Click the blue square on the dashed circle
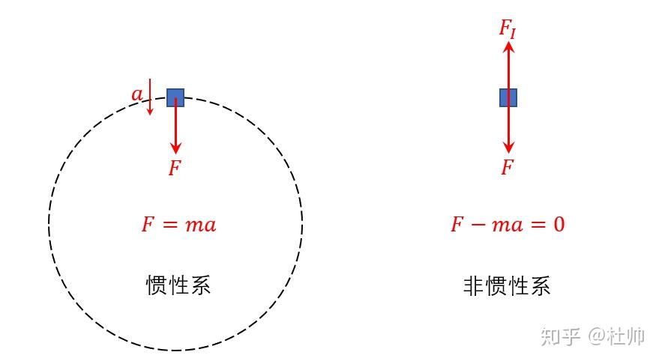(x=175, y=97)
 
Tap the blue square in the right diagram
(x=508, y=97)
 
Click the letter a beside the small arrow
(x=136, y=94)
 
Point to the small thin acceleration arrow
(x=150, y=97)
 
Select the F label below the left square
(x=175, y=169)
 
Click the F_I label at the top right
(x=508, y=28)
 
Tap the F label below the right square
(x=508, y=168)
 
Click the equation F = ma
(x=178, y=224)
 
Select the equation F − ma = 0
(x=508, y=224)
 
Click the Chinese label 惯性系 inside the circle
(x=178, y=285)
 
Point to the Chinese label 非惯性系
(x=508, y=285)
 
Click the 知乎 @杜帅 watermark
(x=592, y=336)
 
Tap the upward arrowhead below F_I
(x=508, y=47)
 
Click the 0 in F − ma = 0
(x=558, y=224)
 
